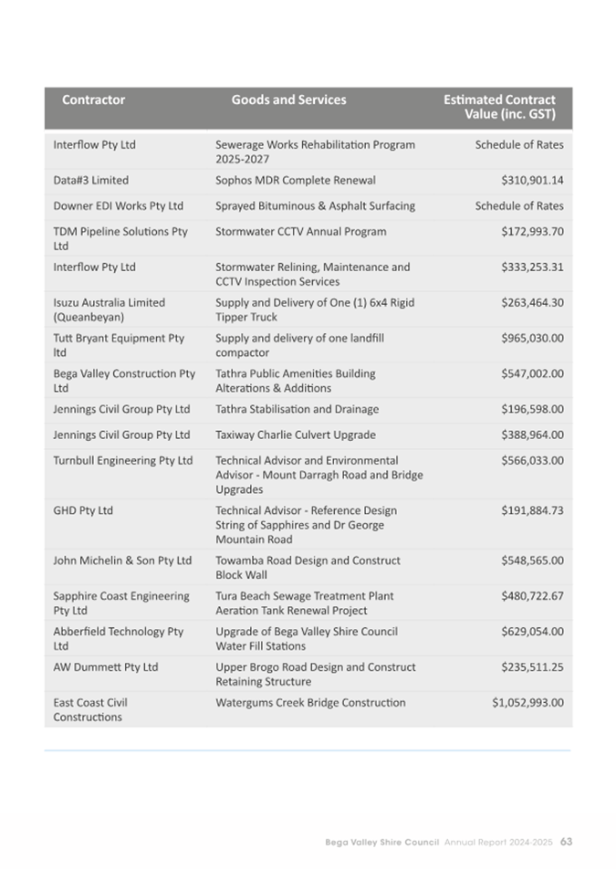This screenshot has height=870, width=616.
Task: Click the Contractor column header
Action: coord(93,100)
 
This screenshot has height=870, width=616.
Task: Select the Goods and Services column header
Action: coord(288,100)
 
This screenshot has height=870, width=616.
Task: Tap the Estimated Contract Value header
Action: coord(499,108)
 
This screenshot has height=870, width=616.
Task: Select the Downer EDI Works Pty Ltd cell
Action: coord(119,205)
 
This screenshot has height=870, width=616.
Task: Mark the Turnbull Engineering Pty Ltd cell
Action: coord(123,460)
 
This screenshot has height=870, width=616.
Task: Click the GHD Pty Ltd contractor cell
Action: coord(83,510)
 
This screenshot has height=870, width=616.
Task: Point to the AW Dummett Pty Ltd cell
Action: coord(106,666)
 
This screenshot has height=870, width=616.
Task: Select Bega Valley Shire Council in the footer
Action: coord(382,841)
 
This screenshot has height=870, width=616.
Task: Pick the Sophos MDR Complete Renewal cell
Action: coord(295,180)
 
